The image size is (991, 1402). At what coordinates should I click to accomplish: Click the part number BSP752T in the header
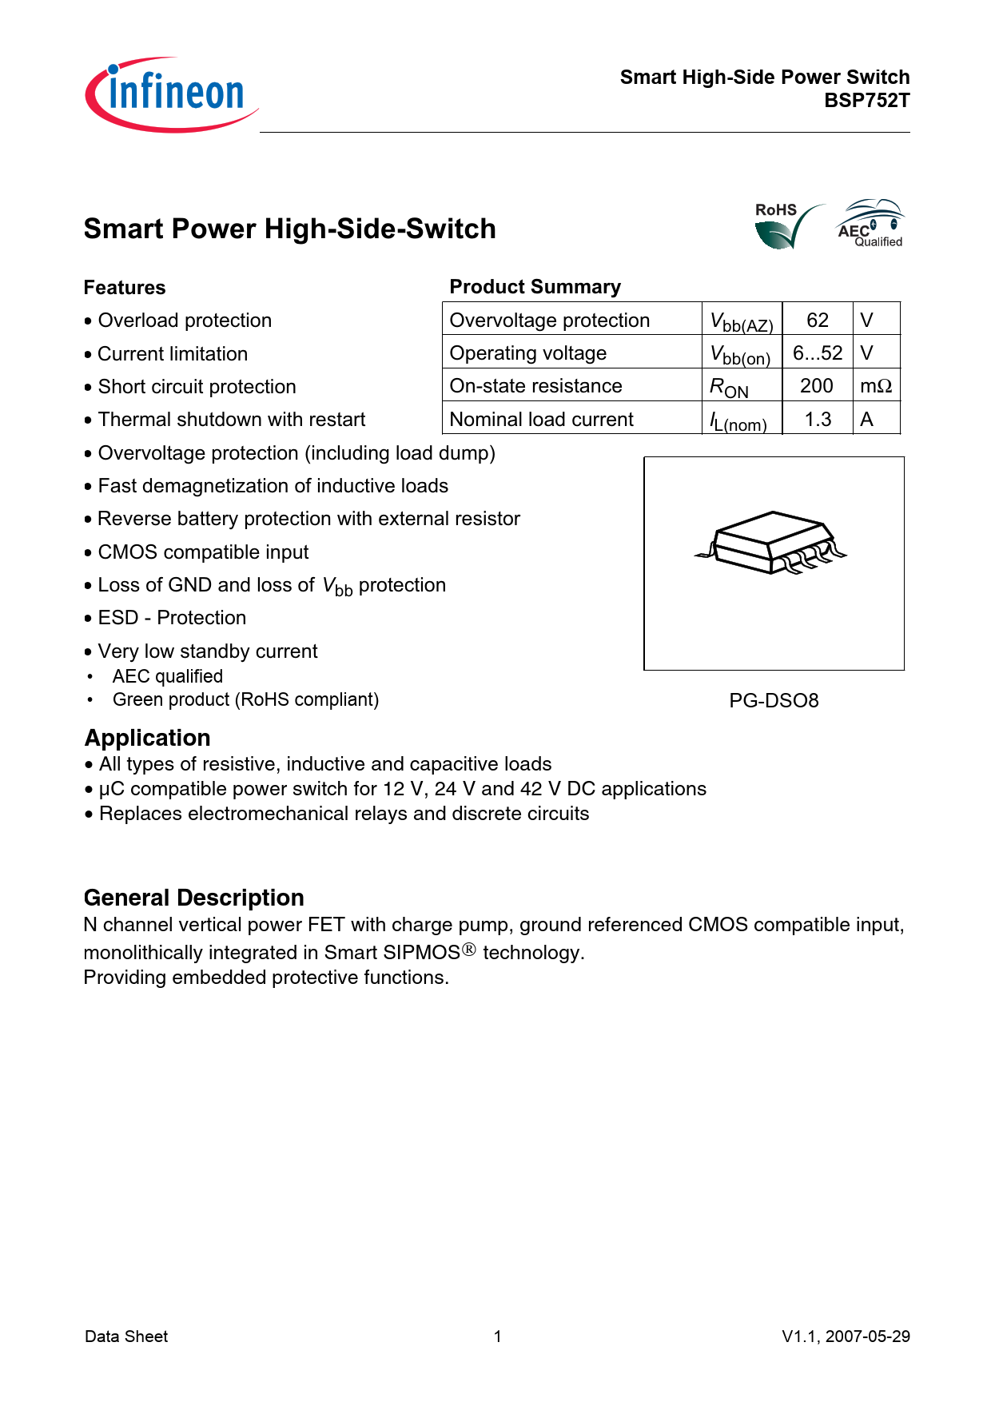click(866, 101)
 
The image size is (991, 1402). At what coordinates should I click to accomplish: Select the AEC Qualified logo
click(870, 224)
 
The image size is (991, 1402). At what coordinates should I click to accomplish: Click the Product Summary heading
click(535, 287)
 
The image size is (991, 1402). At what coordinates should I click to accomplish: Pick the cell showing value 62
click(817, 321)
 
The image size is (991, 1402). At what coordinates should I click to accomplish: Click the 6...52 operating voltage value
click(817, 353)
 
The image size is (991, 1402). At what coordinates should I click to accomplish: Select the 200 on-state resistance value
click(817, 386)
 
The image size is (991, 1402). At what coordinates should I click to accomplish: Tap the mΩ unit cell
click(876, 386)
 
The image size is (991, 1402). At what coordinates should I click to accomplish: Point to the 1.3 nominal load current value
click(818, 420)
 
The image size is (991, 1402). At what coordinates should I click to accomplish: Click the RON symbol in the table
click(729, 388)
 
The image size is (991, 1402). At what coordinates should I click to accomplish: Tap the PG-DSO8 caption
click(774, 701)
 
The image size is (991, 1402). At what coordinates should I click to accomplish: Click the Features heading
click(125, 288)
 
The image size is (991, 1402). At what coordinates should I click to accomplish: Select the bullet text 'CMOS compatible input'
click(203, 552)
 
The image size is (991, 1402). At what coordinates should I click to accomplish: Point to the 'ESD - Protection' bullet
click(172, 618)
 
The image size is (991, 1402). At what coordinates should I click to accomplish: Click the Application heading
click(148, 738)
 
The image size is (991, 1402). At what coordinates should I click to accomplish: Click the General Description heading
click(194, 898)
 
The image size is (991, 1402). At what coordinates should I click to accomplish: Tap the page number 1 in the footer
click(498, 1336)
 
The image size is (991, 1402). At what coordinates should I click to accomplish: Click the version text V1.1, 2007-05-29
click(846, 1336)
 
